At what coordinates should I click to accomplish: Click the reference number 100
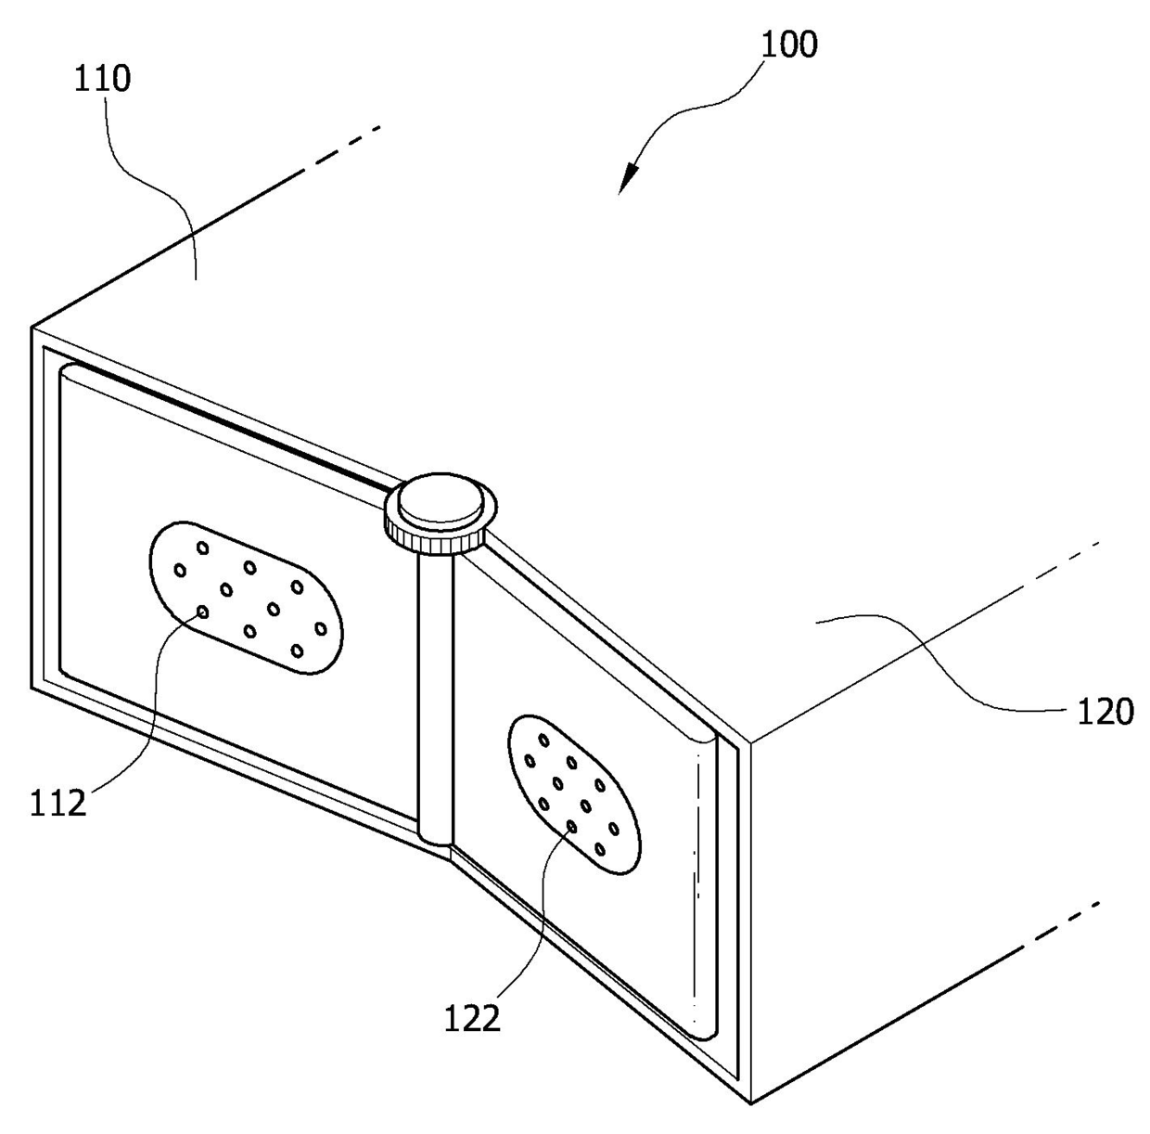[x=788, y=44]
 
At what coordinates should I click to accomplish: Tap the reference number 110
[x=102, y=79]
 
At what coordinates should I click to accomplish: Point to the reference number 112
[x=58, y=801]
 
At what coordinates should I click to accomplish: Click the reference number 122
[x=472, y=1018]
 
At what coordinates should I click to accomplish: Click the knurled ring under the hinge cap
[x=436, y=537]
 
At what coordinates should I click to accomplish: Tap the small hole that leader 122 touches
[x=570, y=826]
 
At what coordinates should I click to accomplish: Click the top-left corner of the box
[x=33, y=328]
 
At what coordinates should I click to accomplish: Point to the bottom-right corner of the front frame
[x=748, y=1102]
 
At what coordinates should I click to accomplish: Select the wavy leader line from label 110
[x=167, y=186]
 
